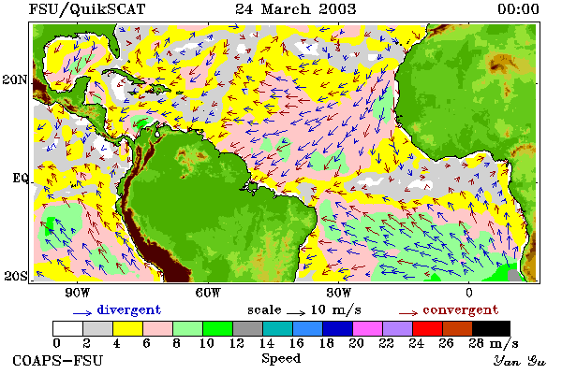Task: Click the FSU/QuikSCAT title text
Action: [87, 9]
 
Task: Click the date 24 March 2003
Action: [296, 9]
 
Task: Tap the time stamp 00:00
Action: [518, 9]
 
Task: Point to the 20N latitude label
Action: [15, 79]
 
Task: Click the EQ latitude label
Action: [20, 178]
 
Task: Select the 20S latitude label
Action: [15, 276]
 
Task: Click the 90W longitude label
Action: [78, 293]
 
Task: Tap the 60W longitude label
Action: [208, 293]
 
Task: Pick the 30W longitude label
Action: [339, 293]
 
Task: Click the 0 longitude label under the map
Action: [469, 293]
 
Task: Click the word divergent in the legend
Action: [129, 309]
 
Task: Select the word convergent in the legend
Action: [461, 309]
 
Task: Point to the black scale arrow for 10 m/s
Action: [296, 313]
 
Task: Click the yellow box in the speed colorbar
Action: [128, 328]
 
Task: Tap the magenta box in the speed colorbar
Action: [368, 328]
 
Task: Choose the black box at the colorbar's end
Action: [491, 328]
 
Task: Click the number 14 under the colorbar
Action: [267, 343]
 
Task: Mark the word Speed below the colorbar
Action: [281, 359]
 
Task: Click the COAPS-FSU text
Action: [57, 360]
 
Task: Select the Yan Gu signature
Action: [519, 361]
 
